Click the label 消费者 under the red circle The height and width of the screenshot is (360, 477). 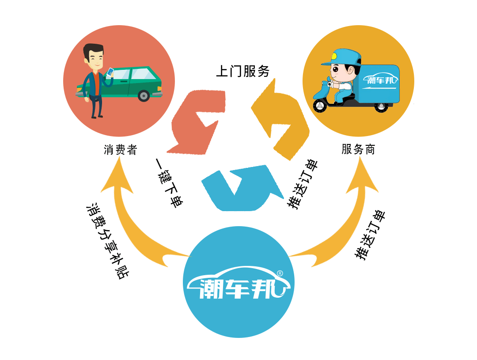(121, 150)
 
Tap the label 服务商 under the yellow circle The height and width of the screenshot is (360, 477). (358, 149)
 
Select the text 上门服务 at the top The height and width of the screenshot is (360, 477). (242, 71)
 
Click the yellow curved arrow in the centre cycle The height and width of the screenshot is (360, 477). (283, 121)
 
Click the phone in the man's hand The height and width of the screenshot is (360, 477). (110, 72)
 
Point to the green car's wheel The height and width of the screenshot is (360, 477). (144, 95)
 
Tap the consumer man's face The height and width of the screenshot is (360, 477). (95, 57)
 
